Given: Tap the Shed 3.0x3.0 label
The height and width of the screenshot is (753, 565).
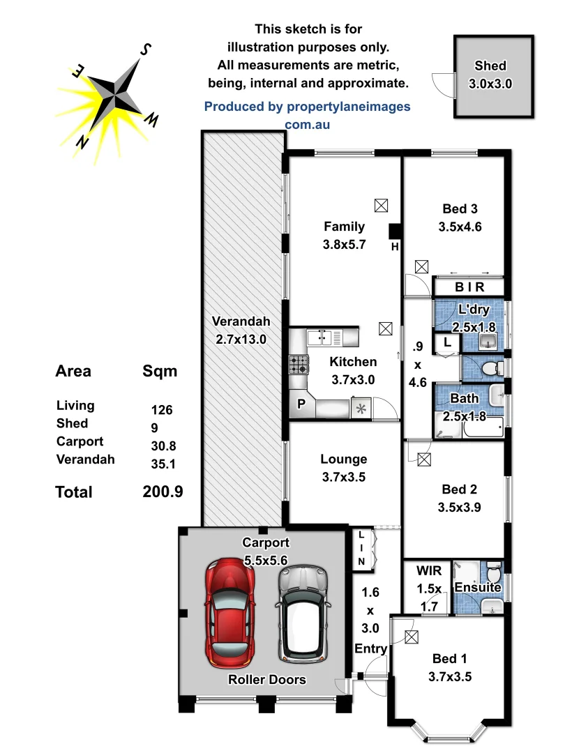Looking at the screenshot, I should click(490, 75).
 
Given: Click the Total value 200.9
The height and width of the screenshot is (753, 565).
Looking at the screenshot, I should click(163, 492).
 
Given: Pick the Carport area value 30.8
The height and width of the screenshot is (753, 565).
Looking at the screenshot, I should click(162, 443).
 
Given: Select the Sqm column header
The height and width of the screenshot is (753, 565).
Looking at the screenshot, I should click(160, 371).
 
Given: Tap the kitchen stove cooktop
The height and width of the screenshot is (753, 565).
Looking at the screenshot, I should click(299, 364).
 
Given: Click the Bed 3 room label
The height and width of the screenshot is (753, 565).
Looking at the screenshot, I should click(460, 217).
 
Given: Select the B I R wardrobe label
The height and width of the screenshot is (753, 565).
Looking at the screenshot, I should click(469, 287).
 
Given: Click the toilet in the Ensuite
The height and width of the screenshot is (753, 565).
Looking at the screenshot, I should click(494, 575).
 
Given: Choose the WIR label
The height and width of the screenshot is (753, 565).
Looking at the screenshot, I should click(425, 570).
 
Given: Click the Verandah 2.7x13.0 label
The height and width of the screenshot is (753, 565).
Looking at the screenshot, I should click(241, 330).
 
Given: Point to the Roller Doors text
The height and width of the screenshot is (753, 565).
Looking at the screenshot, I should click(266, 679).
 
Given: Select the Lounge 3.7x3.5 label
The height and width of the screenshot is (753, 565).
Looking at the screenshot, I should click(343, 469).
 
